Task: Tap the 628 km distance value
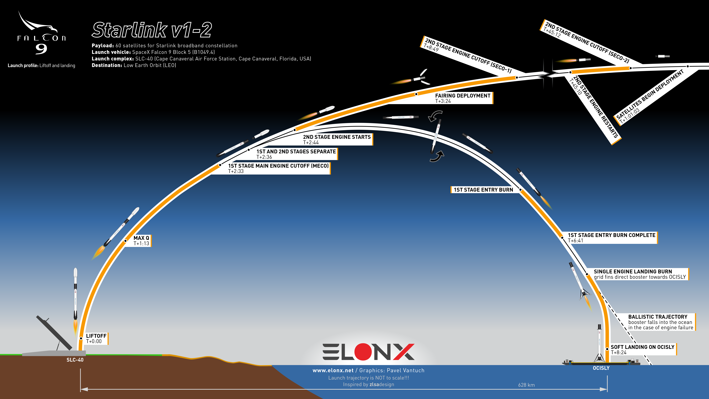(526, 385)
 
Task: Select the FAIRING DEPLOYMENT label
(463, 98)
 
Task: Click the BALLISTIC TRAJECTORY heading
(658, 317)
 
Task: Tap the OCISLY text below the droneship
(601, 368)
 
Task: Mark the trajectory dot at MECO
(220, 165)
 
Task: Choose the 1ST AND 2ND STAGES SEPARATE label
(296, 154)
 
